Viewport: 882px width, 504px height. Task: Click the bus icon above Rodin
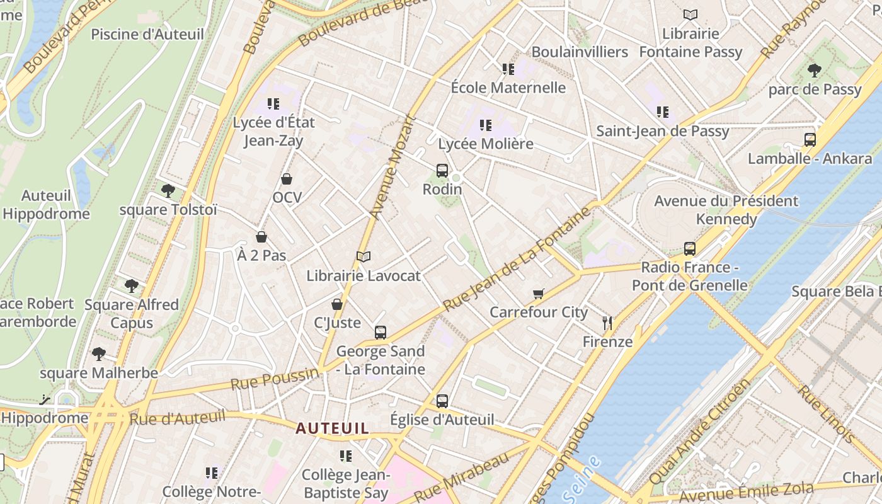point(442,170)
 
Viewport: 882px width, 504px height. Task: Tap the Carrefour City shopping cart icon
point(539,294)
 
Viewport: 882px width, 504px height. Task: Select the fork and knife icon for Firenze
point(607,323)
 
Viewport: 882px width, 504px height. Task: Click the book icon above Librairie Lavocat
point(364,256)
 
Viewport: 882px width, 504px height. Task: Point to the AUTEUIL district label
point(333,428)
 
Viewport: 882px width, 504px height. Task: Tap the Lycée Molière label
point(486,144)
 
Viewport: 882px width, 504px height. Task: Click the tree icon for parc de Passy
point(815,70)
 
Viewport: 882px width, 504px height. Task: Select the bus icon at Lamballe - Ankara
point(810,140)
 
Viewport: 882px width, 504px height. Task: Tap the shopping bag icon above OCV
point(287,179)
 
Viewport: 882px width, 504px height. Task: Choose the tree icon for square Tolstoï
point(168,190)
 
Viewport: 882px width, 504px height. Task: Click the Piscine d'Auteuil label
point(147,34)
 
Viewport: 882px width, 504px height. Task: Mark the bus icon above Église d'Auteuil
point(442,401)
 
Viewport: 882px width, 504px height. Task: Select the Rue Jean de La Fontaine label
point(517,259)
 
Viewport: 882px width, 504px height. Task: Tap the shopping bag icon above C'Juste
point(337,304)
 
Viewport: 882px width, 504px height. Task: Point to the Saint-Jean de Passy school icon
point(663,112)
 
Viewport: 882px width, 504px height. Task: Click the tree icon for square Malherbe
point(99,354)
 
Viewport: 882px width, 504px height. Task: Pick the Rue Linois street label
point(827,413)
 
